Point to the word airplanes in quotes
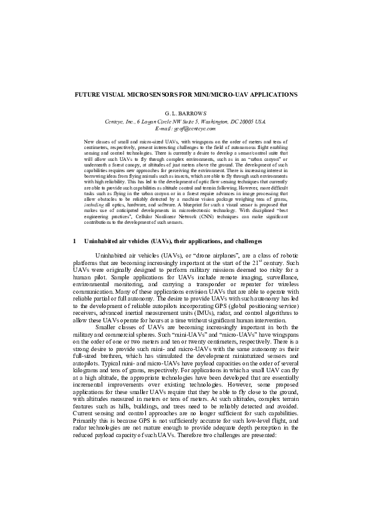coord(203,254)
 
